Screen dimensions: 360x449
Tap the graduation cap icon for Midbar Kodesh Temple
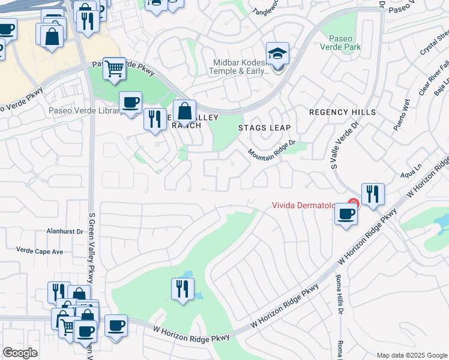click(x=277, y=55)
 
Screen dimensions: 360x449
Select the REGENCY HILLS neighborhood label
click(x=342, y=112)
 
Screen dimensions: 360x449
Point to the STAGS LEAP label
click(x=264, y=128)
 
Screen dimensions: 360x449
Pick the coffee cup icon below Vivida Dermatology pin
click(x=345, y=214)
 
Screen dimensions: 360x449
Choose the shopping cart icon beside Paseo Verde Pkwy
click(x=113, y=69)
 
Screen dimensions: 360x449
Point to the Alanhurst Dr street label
click(x=67, y=230)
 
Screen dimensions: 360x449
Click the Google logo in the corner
click(x=20, y=353)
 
